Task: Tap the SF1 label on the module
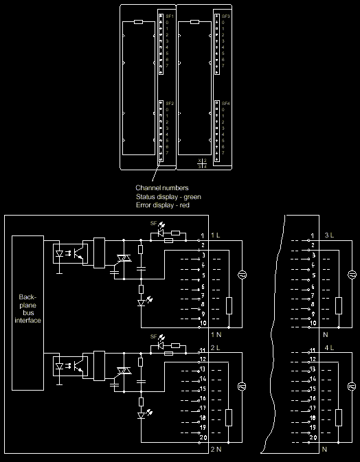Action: [169, 15]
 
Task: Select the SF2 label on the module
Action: [169, 102]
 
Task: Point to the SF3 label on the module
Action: [226, 15]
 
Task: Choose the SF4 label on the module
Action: [226, 102]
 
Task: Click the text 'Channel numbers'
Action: [162, 187]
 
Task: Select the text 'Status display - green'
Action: [168, 197]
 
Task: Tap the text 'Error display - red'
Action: [162, 206]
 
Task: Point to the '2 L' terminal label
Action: [215, 348]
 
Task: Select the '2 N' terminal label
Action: [215, 450]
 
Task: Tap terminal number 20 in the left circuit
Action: [203, 437]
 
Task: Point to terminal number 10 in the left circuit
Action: [203, 323]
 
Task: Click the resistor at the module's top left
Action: [138, 22]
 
